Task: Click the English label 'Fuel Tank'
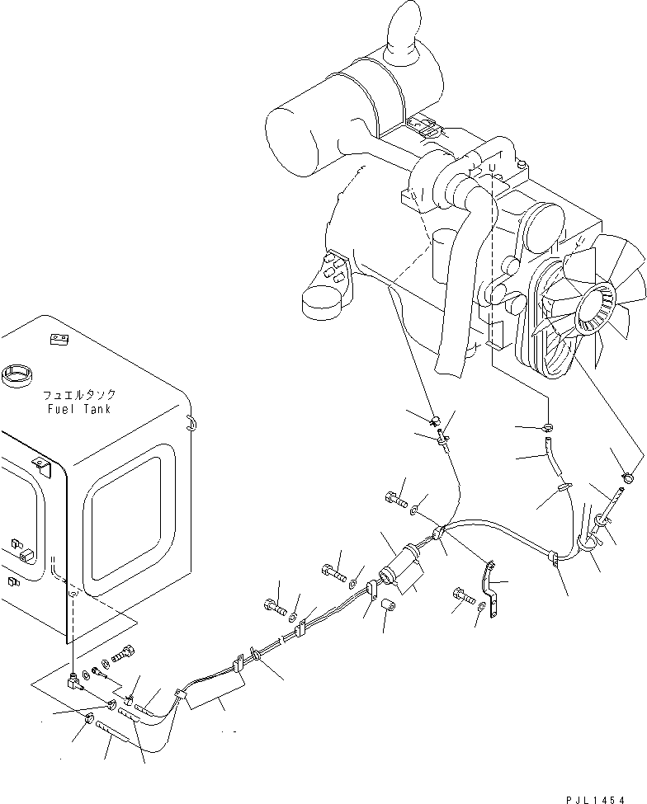[x=78, y=409]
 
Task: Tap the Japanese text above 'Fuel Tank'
[x=78, y=395]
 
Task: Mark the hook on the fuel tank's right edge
[x=191, y=422]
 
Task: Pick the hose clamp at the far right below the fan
[x=627, y=477]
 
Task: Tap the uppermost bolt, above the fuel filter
[x=394, y=497]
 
